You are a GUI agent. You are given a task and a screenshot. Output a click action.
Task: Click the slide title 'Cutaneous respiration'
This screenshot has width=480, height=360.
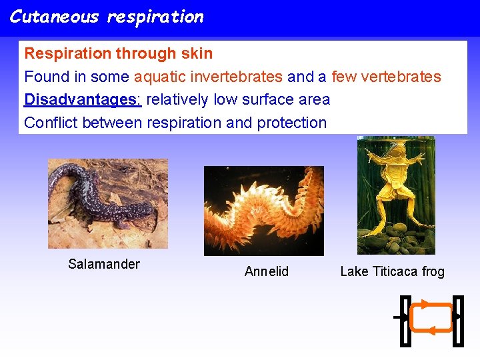(107, 17)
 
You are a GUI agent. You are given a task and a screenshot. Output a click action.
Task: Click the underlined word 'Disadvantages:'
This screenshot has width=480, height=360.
(83, 99)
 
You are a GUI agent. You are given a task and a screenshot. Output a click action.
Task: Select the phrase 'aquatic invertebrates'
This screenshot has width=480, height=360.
(208, 77)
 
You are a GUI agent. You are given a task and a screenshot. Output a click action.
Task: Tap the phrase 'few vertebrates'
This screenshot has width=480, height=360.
(386, 77)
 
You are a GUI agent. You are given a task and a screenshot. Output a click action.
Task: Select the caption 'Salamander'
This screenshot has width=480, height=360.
(104, 264)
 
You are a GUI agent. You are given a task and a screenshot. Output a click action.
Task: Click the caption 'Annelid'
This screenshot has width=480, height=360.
(267, 271)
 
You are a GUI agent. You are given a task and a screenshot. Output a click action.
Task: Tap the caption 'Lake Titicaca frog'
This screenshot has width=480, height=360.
(392, 271)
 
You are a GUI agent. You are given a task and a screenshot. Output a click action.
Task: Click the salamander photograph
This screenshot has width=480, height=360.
(107, 203)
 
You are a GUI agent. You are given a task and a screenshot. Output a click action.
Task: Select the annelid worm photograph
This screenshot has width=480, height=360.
(263, 211)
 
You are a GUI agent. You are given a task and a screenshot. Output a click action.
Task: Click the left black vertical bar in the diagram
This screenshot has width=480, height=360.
(405, 321)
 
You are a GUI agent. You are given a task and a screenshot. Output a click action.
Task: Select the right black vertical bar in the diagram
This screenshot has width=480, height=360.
(458, 321)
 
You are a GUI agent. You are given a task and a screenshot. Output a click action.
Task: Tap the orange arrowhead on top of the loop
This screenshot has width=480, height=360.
(424, 305)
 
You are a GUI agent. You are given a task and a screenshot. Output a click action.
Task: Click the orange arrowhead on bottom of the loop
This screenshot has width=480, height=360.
(431, 331)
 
